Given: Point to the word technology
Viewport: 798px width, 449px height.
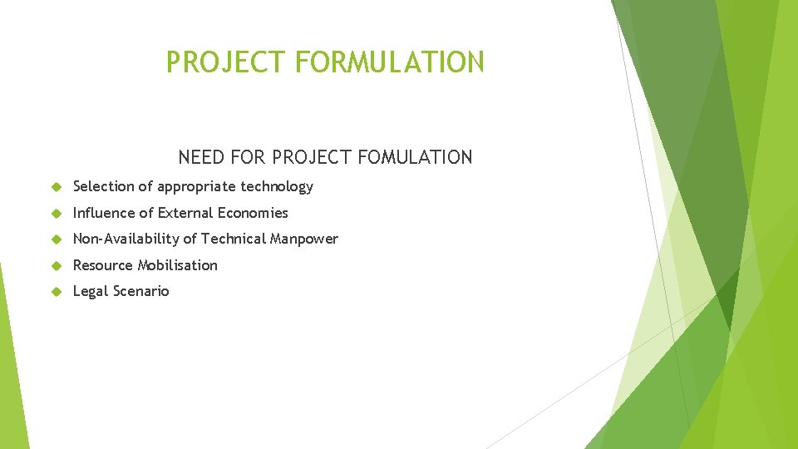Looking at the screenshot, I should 277,186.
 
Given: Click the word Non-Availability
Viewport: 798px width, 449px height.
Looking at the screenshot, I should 126,239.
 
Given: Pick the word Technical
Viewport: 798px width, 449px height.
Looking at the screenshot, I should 234,239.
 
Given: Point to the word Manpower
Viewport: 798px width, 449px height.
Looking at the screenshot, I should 304,239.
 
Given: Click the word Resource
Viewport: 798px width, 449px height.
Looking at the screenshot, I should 103,265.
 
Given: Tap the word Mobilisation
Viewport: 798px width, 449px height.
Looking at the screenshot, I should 178,265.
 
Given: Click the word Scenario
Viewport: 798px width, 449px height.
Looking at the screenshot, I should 141,291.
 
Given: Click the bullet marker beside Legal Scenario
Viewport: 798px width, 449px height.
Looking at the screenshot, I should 56,292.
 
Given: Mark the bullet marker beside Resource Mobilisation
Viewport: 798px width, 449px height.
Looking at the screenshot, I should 56,265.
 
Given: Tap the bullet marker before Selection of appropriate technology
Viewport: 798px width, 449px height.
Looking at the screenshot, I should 56,187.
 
